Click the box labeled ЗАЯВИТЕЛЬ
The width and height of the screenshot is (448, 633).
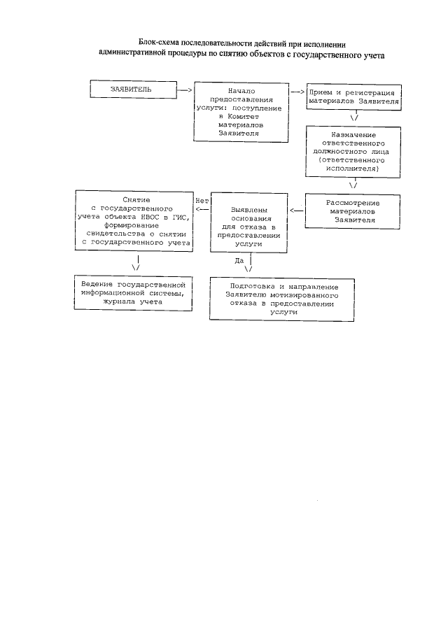[x=131, y=90]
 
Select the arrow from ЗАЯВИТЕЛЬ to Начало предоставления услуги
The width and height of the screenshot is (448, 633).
[x=185, y=90]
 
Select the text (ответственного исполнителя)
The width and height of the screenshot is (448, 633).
[x=356, y=164]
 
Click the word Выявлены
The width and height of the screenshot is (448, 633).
[x=248, y=209]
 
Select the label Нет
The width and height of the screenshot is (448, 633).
[x=202, y=200]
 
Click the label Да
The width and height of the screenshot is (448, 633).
[x=239, y=260]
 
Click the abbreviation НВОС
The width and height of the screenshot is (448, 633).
[x=149, y=217]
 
